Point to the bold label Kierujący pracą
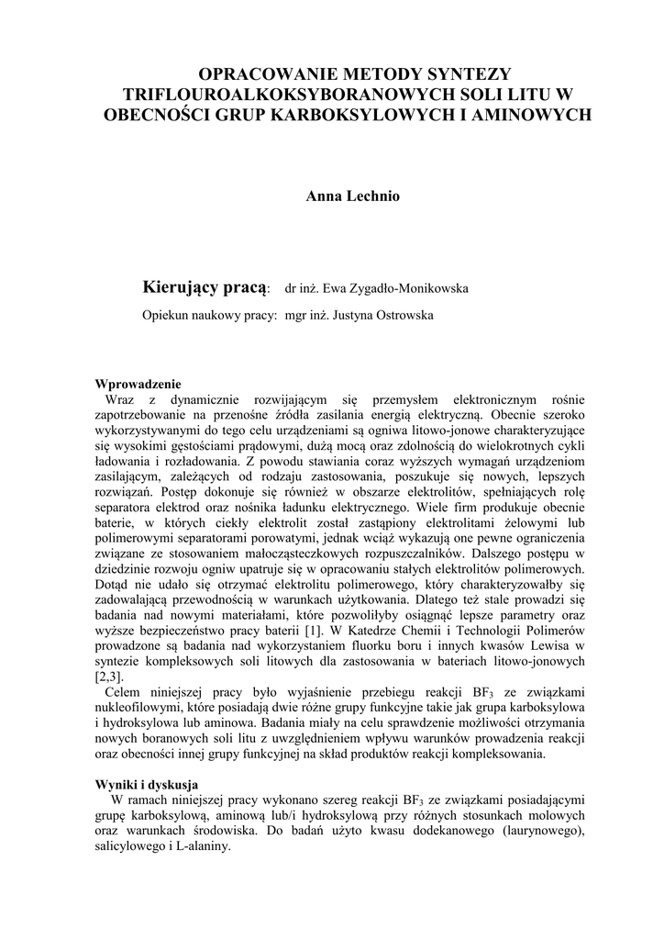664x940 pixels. [x=205, y=288]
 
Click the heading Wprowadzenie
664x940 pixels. [x=138, y=385]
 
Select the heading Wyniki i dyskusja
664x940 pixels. [x=148, y=785]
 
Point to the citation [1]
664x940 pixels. [x=313, y=633]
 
